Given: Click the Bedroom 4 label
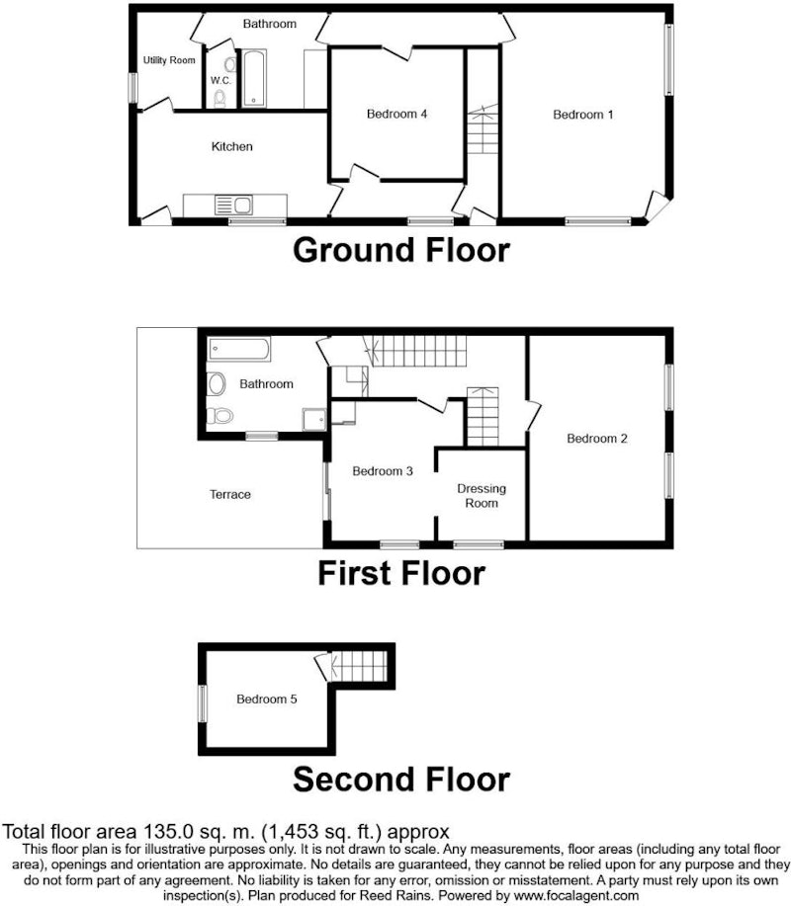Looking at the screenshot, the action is pyautogui.click(x=396, y=114).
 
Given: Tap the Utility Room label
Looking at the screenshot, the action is pyautogui.click(x=169, y=60).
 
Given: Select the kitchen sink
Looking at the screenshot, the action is pyautogui.click(x=233, y=206).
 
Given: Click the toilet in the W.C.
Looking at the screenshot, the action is pyautogui.click(x=220, y=99).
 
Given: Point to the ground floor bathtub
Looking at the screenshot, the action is pyautogui.click(x=254, y=79).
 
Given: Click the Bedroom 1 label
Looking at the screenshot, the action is pyautogui.click(x=582, y=115).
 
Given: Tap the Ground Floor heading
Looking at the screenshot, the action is pyautogui.click(x=401, y=250).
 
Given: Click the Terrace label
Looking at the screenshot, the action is pyautogui.click(x=230, y=495).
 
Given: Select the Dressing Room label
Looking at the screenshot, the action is pyautogui.click(x=482, y=496).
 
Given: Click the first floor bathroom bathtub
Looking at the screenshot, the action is pyautogui.click(x=239, y=349).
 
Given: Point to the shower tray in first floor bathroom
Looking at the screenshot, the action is pyautogui.click(x=314, y=420).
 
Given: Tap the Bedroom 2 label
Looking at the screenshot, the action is pyautogui.click(x=597, y=439).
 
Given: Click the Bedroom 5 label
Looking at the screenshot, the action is pyautogui.click(x=267, y=700).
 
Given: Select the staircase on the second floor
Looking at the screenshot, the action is pyautogui.click(x=359, y=666).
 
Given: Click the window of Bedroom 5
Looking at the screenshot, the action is pyautogui.click(x=203, y=703).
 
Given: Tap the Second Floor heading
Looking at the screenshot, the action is pyautogui.click(x=401, y=780).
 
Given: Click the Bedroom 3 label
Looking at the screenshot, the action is pyautogui.click(x=383, y=471).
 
